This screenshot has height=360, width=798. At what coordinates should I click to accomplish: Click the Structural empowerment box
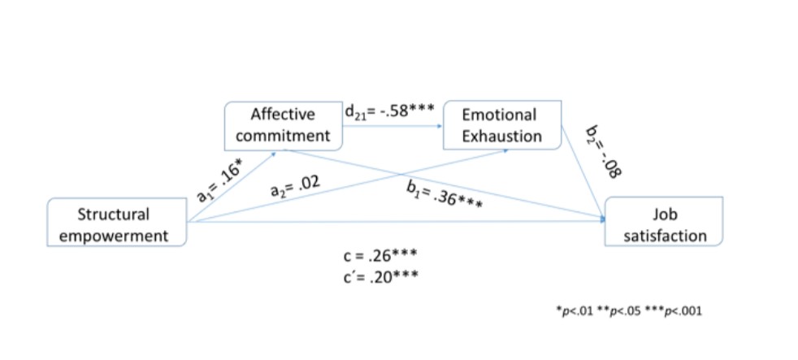(x=117, y=225)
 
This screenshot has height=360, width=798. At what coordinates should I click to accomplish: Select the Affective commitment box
(x=283, y=125)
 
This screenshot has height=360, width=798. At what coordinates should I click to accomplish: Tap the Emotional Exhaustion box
(x=501, y=125)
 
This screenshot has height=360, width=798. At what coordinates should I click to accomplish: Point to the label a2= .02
(x=294, y=189)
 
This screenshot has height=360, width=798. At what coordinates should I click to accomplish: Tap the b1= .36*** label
(x=446, y=196)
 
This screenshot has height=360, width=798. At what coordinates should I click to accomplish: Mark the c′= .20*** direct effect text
(x=380, y=276)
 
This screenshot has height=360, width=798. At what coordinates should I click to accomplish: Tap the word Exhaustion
(x=501, y=136)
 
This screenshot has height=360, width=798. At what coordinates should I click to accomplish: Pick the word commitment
(x=283, y=136)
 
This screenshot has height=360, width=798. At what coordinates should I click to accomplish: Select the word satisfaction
(x=665, y=236)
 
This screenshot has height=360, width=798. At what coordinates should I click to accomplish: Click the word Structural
(x=114, y=215)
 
